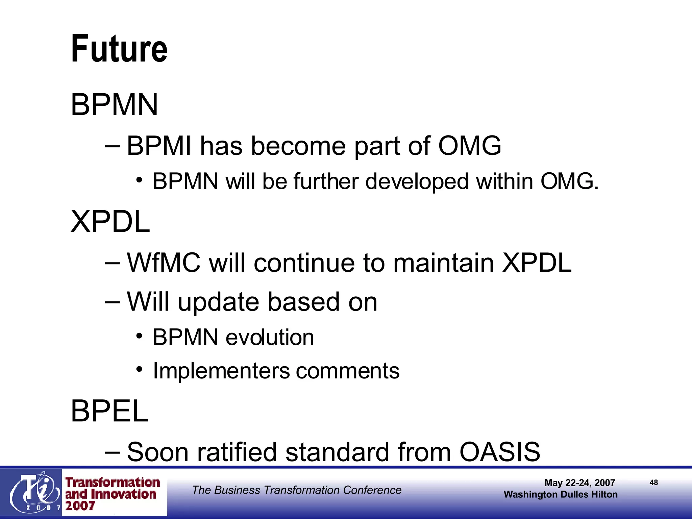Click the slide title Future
click(119, 49)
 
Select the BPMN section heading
click(114, 105)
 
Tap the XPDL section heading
click(110, 222)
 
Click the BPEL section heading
click(109, 411)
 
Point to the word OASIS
click(499, 452)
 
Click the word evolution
click(270, 337)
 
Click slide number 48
click(653, 483)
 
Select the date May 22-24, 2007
click(579, 483)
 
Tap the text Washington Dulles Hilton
click(561, 494)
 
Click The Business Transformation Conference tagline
click(296, 490)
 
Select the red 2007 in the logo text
click(80, 506)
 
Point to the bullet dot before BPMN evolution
click(139, 337)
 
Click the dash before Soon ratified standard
click(112, 452)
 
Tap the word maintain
click(443, 263)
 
